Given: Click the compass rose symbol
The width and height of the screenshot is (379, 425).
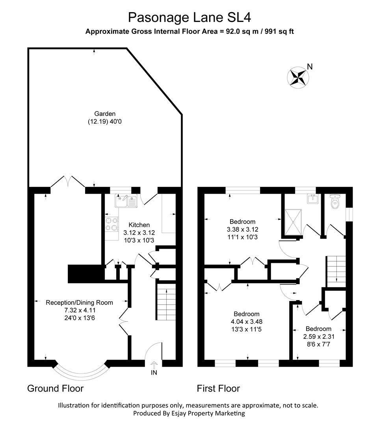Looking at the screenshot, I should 298,76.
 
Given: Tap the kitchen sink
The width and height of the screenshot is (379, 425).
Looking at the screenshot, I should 125,201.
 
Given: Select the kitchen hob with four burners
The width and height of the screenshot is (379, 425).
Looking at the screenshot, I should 111,224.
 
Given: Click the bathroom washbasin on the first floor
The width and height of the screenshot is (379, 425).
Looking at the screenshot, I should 314,199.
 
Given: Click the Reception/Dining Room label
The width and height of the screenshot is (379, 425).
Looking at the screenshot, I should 80,303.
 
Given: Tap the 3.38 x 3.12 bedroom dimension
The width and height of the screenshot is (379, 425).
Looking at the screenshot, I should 243,229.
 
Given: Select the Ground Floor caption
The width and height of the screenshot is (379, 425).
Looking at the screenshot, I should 55,388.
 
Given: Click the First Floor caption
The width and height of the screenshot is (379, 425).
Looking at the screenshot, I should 218,388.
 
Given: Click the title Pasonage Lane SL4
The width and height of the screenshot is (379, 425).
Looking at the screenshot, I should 189,17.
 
